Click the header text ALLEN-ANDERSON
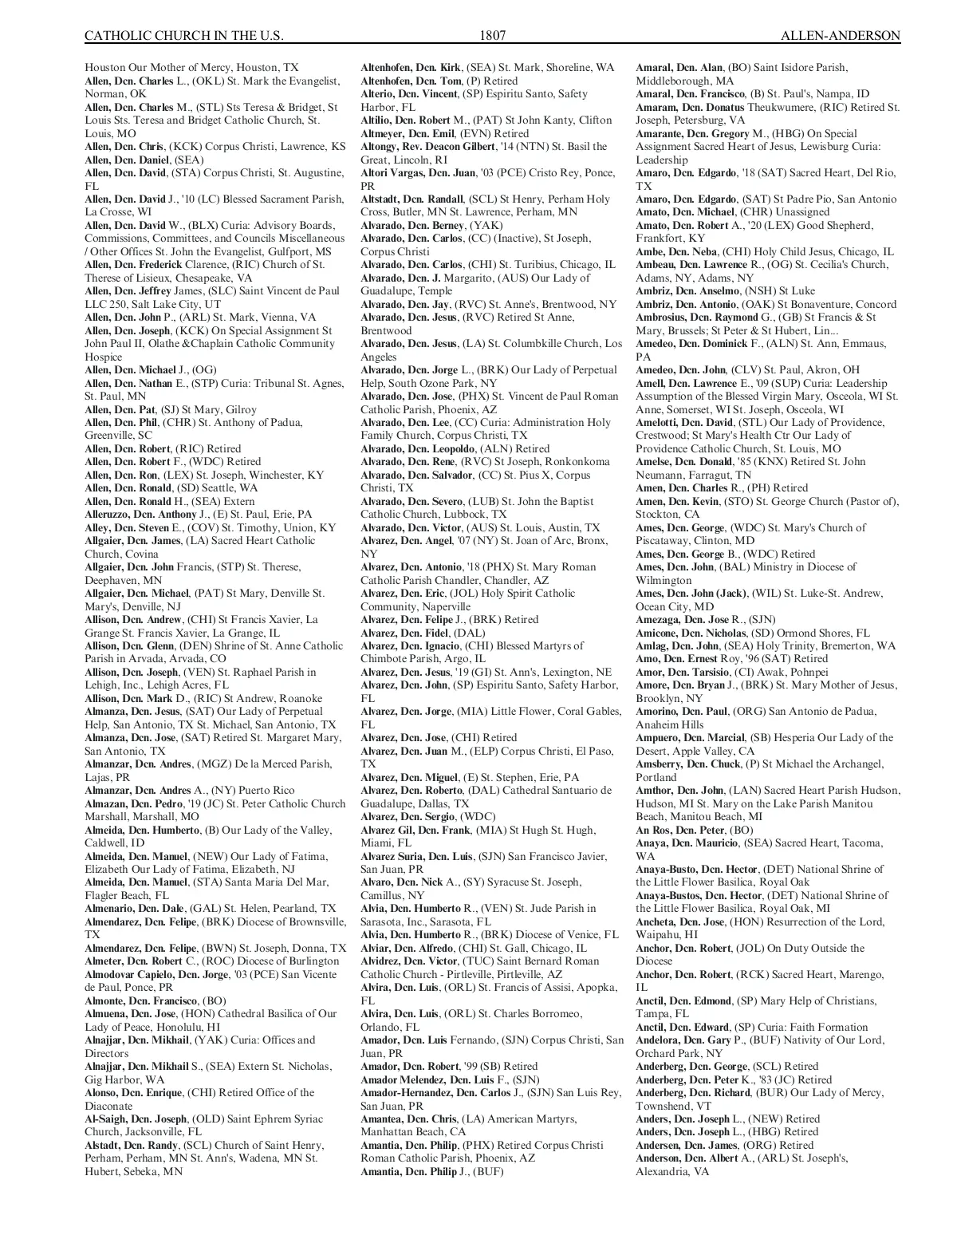tap(841, 36)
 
